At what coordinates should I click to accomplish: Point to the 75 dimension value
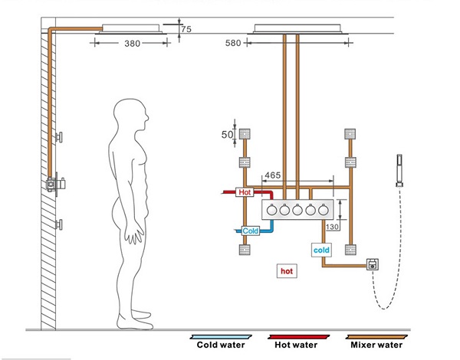coord(186,30)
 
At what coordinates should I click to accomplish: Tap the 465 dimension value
coord(272,176)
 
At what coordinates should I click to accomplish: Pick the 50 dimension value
coord(228,135)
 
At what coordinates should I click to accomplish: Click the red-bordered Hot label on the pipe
coord(245,192)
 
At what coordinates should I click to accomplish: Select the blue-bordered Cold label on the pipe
coord(251,231)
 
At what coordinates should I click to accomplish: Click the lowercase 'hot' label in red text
coord(286,271)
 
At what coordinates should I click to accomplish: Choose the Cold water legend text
coord(220,345)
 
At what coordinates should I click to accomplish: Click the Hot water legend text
coord(295,345)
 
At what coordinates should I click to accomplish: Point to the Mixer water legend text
coord(375,345)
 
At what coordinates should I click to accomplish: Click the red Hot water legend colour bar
coord(295,335)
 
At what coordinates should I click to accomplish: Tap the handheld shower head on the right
coord(398,170)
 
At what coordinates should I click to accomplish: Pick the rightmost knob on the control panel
coord(323,208)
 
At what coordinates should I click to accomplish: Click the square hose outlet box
coord(372,265)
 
